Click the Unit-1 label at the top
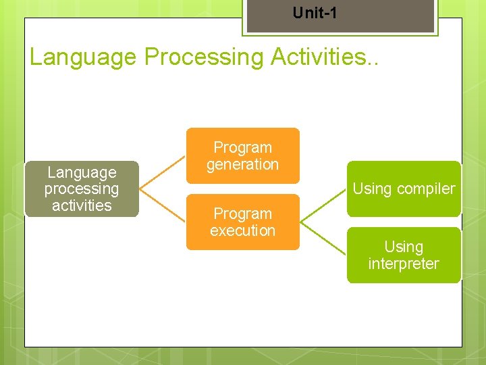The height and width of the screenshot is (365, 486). (315, 13)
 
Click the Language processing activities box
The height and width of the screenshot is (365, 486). (82, 189)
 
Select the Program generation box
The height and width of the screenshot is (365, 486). (242, 155)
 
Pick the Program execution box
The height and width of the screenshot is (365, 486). (242, 222)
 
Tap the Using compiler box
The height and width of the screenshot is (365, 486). (404, 189)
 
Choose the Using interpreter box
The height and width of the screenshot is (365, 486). (404, 255)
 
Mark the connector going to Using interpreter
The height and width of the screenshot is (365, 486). (323, 238)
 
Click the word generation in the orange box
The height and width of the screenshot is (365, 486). (242, 164)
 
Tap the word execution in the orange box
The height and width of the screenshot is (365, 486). (242, 230)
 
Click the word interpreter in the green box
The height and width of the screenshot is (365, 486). (404, 264)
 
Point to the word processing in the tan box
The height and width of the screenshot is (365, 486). (82, 189)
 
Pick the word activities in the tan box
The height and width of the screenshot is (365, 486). (82, 205)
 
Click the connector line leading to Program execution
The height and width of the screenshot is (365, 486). (162, 205)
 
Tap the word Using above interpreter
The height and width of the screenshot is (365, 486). (404, 247)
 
